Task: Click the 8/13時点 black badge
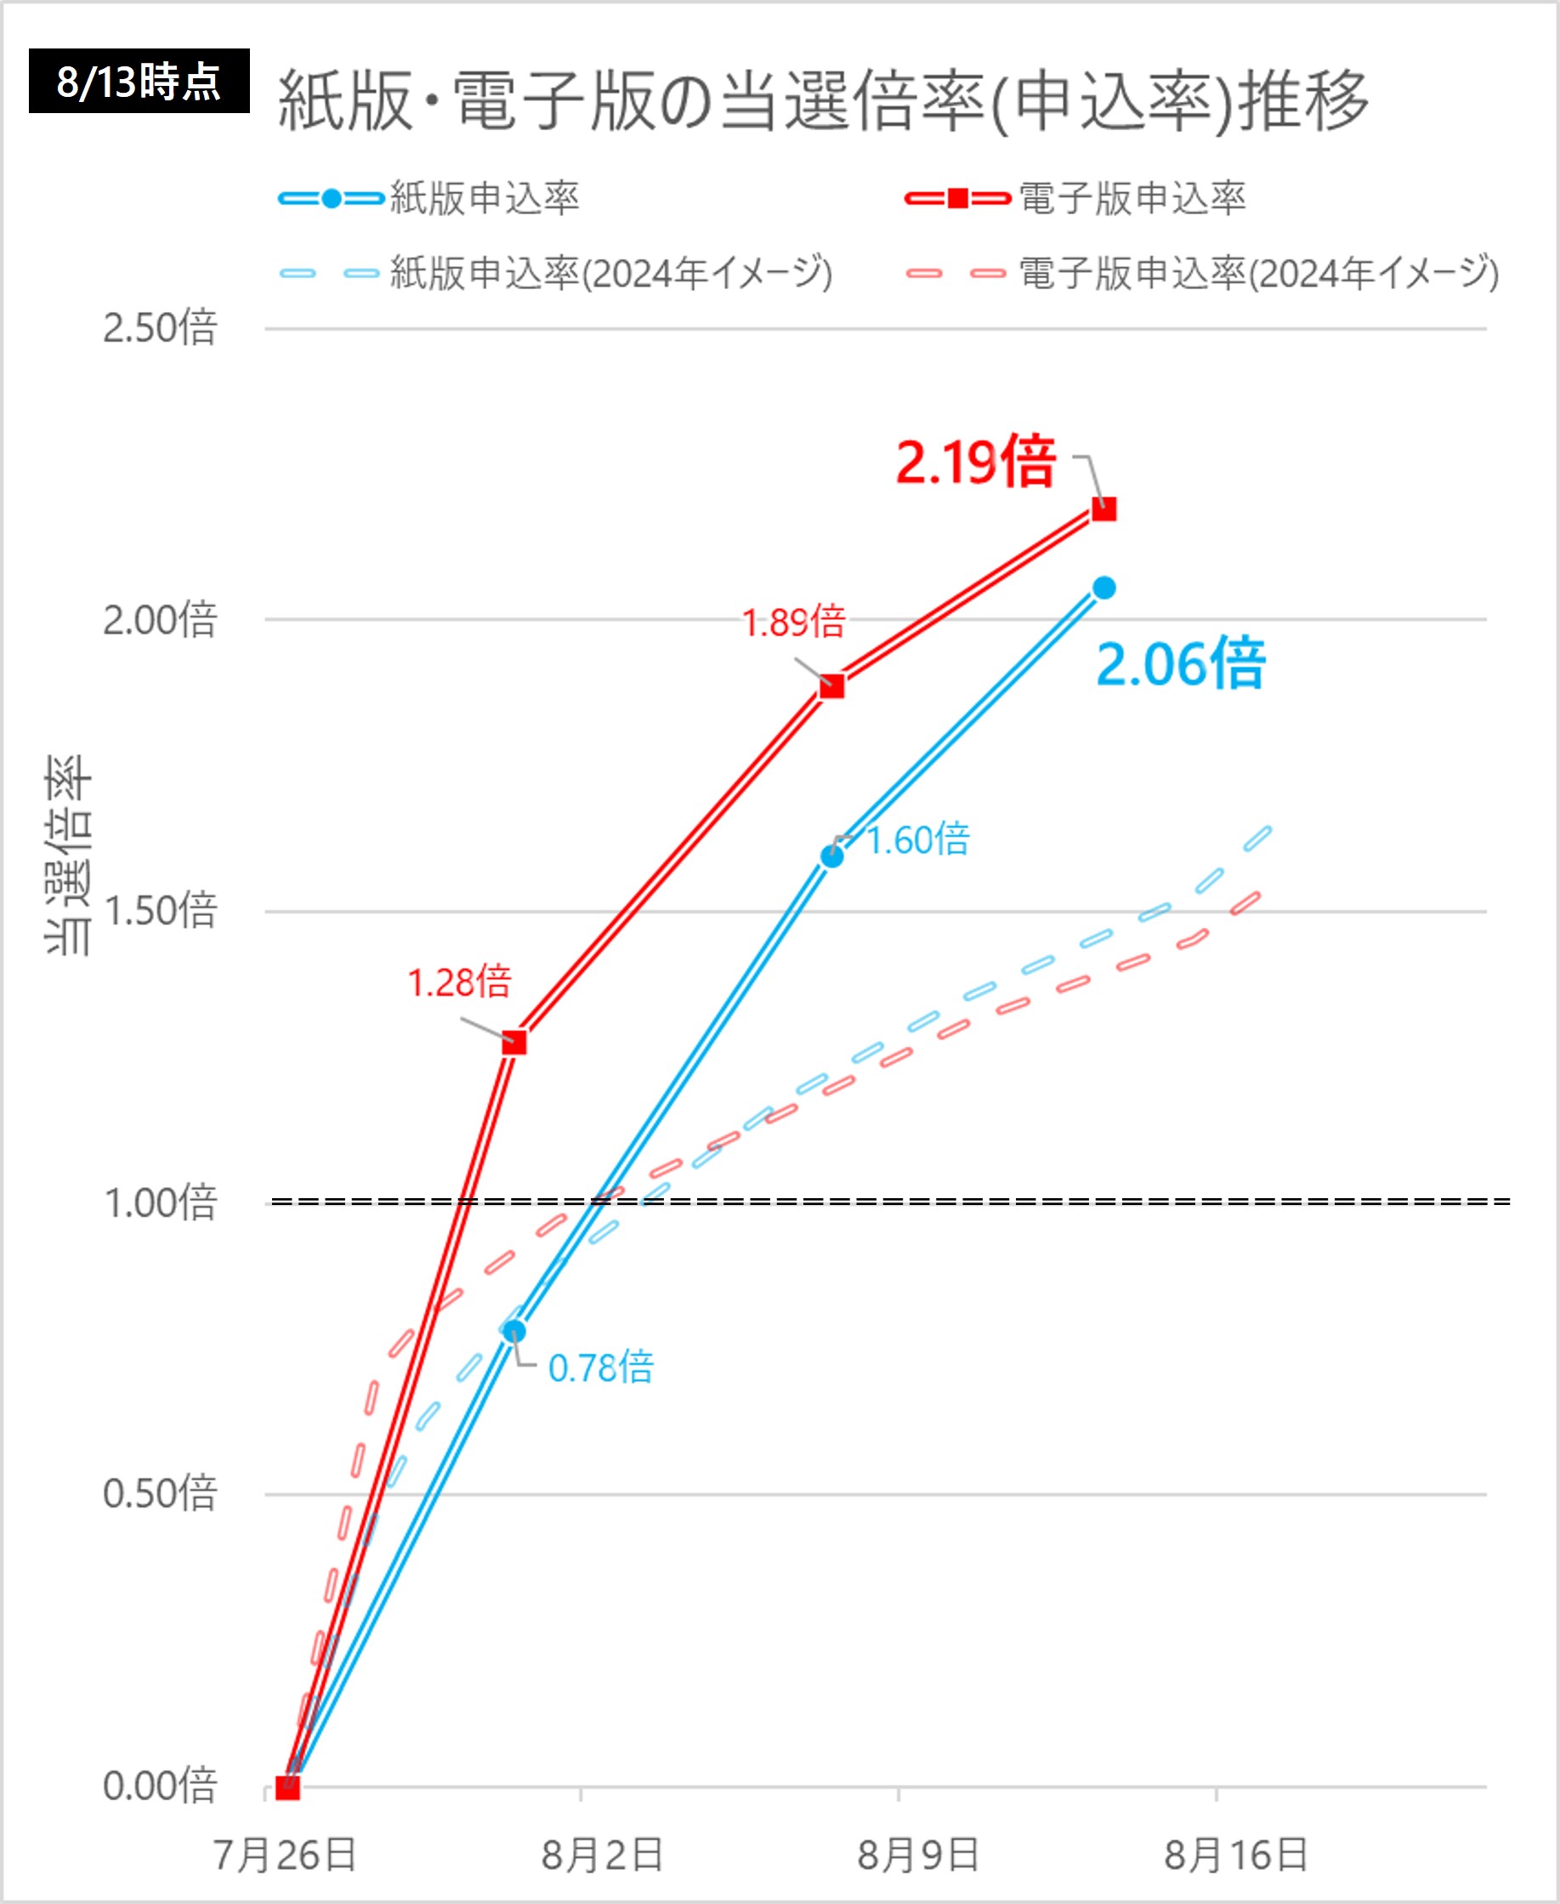[139, 81]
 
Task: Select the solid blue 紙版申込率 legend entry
[429, 199]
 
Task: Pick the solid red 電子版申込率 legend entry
[1075, 199]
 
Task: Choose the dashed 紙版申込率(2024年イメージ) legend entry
[556, 273]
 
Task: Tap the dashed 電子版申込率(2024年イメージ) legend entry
[1201, 273]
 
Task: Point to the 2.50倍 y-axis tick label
[160, 328]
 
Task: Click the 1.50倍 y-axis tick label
[160, 911]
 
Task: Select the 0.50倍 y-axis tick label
[160, 1493]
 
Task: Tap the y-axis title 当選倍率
[68, 854]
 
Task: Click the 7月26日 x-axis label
[285, 1856]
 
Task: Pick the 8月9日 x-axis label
[917, 1856]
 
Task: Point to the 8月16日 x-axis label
[1235, 1856]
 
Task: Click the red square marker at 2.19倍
[1103, 509]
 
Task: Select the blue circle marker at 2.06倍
[1103, 588]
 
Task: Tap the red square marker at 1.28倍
[514, 1043]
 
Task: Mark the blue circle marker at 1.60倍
[832, 856]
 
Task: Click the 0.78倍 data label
[601, 1368]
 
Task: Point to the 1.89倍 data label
[793, 623]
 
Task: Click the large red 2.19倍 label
[976, 462]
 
